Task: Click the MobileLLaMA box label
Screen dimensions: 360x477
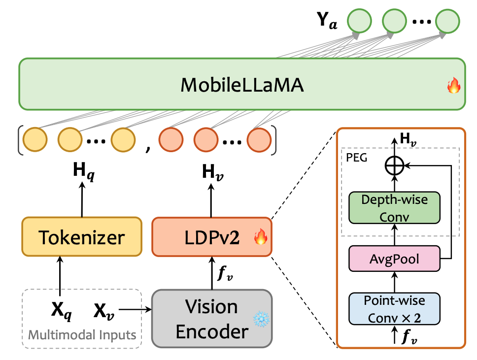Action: click(x=241, y=85)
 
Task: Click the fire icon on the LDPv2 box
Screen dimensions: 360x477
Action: click(x=261, y=238)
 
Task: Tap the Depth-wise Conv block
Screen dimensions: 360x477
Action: click(x=394, y=206)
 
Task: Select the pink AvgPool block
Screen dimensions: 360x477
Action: click(x=394, y=258)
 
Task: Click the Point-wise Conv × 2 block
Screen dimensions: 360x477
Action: click(x=394, y=309)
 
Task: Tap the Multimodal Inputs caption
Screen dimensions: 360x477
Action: click(x=82, y=335)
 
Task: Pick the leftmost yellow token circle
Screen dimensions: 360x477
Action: click(x=35, y=140)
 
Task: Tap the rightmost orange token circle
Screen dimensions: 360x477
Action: click(x=259, y=140)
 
